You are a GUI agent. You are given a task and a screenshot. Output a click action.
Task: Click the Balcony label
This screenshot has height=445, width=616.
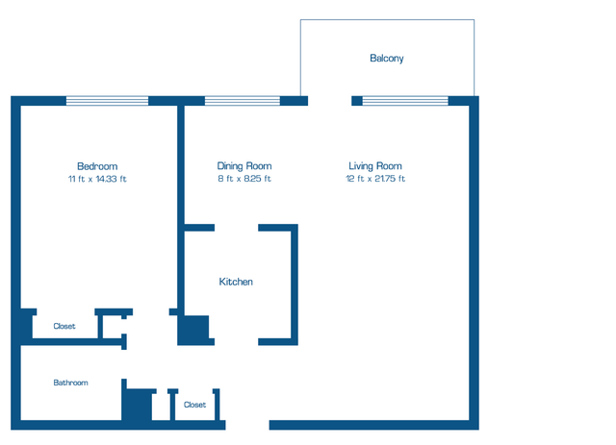[x=387, y=59]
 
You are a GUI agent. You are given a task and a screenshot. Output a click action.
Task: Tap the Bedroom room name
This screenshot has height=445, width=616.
[x=97, y=166]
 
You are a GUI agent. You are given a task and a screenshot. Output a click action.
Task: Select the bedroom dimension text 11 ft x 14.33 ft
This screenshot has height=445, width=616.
[x=97, y=180]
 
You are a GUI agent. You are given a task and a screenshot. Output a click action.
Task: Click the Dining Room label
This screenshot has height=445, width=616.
[x=244, y=166]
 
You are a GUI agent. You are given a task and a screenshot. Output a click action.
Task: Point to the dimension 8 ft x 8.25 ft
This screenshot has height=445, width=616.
[x=244, y=179]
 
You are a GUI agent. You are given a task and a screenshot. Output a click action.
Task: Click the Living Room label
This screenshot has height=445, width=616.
[x=375, y=166]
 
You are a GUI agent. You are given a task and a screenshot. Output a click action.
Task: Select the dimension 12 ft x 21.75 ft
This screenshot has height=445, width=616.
[x=375, y=179]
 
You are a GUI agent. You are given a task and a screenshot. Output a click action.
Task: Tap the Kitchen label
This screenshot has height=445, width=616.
[x=236, y=282]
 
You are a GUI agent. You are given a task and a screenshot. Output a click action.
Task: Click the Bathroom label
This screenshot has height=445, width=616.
[x=70, y=383]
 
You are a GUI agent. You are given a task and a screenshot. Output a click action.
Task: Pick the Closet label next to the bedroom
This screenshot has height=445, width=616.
[x=64, y=327]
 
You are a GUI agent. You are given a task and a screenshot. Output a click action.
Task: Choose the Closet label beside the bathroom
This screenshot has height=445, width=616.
[x=194, y=405]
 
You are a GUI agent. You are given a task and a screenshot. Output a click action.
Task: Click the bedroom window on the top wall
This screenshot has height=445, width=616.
[x=107, y=100]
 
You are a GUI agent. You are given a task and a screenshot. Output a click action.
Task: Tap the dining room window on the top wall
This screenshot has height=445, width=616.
[x=243, y=100]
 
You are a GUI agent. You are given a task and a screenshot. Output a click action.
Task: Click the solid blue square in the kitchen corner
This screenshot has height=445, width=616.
[x=193, y=330]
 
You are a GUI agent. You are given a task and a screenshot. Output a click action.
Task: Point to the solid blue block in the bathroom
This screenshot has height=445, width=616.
[x=137, y=404]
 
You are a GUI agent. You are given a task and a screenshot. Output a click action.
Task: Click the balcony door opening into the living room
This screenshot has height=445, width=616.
[x=330, y=100]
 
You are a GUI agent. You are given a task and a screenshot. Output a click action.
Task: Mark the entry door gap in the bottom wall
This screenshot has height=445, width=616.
[x=246, y=425]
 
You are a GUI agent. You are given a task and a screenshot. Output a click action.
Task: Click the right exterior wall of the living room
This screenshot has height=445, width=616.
[x=474, y=260]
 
